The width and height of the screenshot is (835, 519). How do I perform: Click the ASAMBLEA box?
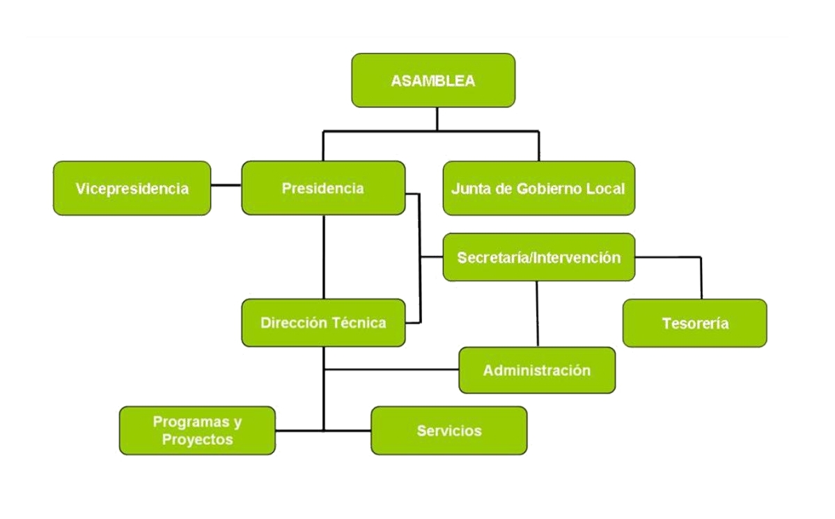coord(433,80)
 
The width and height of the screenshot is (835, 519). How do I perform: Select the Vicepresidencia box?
coord(132,188)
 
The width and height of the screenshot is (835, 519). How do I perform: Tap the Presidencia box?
coord(323,188)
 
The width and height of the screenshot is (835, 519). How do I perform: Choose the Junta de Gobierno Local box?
coord(539,188)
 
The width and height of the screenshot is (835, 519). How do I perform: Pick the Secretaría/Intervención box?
coord(539,257)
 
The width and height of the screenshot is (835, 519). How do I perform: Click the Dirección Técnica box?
coord(323,323)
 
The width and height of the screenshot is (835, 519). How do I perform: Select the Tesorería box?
coord(695,323)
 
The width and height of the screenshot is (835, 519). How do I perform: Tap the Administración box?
coord(537,371)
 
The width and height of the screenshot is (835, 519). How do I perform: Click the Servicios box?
coord(449,431)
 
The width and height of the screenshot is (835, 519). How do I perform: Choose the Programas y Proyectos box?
coord(198,431)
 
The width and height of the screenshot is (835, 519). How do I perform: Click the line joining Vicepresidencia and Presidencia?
coord(226,185)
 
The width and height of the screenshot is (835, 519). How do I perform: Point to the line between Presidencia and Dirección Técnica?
coord(324,257)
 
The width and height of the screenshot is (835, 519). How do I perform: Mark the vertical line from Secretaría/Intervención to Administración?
coord(537,314)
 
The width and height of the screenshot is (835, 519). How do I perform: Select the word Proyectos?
coord(198,440)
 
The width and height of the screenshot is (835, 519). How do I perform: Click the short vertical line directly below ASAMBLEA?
coord(437,118)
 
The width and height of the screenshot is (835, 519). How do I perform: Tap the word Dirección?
coord(294,323)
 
